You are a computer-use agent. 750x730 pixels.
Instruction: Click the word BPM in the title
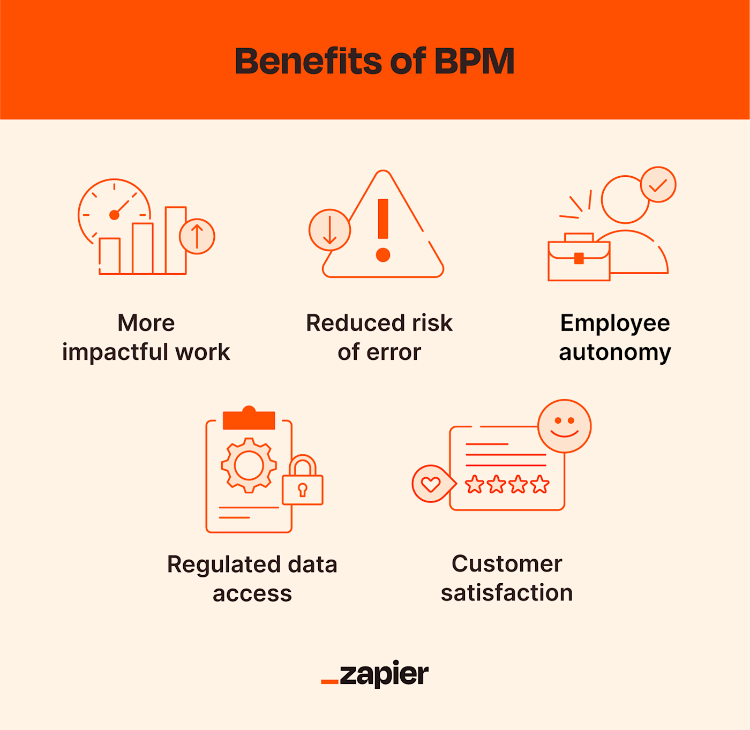coord(474,61)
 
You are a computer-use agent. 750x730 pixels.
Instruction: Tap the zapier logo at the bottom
coord(374,674)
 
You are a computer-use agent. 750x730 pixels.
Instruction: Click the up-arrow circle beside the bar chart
coord(197,237)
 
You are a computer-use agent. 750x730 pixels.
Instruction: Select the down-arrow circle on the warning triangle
coord(329,230)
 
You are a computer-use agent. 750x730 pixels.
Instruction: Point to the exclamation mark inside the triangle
coord(383,230)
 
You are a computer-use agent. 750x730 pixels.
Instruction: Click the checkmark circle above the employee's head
coord(658,185)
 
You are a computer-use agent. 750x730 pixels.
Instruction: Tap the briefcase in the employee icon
coord(579,257)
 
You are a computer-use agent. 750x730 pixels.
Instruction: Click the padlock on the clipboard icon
coord(303,480)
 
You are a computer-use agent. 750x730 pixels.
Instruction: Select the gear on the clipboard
coord(249,465)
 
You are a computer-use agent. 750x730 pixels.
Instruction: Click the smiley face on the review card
coord(564,426)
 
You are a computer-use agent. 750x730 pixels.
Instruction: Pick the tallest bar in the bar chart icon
coord(176,240)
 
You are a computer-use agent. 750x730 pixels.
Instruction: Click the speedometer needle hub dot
coord(114,215)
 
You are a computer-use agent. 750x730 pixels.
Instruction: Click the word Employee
coord(615,323)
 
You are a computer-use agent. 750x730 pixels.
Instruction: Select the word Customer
coord(507,564)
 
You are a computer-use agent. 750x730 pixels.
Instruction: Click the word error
coord(394,352)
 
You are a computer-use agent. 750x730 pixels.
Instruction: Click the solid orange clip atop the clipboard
coord(249,418)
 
